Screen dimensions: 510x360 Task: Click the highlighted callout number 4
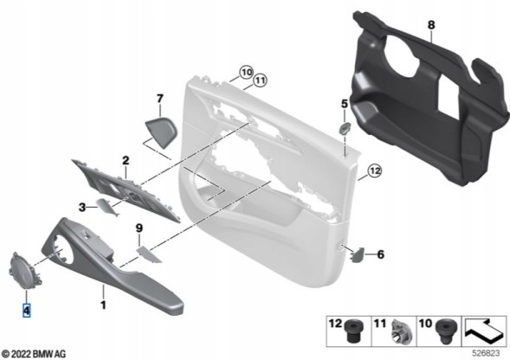click(x=26, y=311)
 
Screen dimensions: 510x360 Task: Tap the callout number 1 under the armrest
click(x=103, y=305)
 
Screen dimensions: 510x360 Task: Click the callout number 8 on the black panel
click(x=431, y=25)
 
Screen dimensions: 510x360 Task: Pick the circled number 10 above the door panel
click(x=246, y=72)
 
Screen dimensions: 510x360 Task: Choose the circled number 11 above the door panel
click(x=260, y=80)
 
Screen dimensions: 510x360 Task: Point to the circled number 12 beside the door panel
click(x=375, y=170)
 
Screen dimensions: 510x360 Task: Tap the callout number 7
click(x=159, y=98)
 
